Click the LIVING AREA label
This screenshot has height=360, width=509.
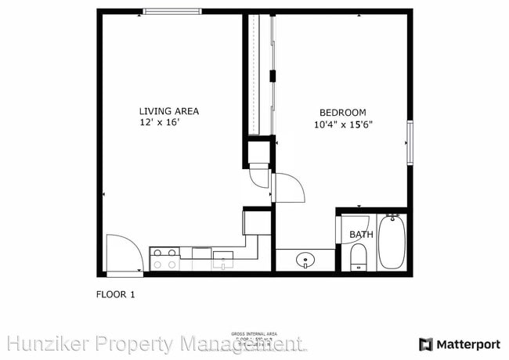pos(168,111)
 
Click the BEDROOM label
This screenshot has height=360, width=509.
pos(342,112)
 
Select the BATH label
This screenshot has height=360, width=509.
pos(360,234)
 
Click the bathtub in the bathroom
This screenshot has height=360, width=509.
pos(390,243)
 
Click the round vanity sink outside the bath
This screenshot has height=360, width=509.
pos(305,260)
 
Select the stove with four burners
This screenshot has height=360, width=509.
pos(164,258)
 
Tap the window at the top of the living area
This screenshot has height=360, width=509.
pos(171,12)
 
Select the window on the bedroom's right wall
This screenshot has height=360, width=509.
pos(409,142)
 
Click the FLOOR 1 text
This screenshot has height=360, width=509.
pos(115,295)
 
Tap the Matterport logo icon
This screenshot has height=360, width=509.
pos(425,344)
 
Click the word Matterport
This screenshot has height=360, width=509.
pos(467,344)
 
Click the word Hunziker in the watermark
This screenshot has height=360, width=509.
pos(44,344)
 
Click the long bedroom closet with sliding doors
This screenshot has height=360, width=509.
pos(259,74)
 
